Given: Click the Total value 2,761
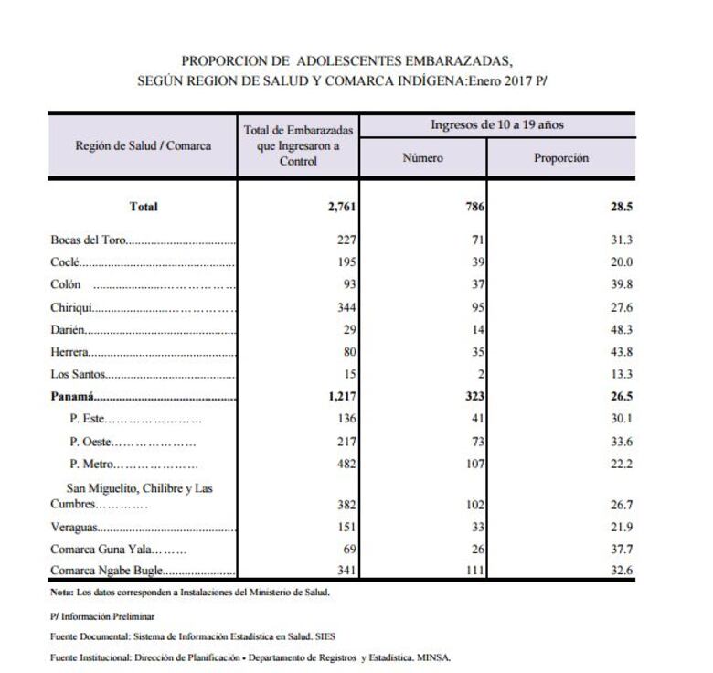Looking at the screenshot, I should pyautogui.click(x=339, y=207).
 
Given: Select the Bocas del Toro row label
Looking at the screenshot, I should pyautogui.click(x=89, y=240).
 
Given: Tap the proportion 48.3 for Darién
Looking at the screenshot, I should pyautogui.click(x=622, y=329).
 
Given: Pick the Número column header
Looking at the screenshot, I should pyautogui.click(x=422, y=158).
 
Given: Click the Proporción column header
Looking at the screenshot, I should pyautogui.click(x=561, y=158).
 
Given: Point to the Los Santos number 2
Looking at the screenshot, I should pyautogui.click(x=481, y=374).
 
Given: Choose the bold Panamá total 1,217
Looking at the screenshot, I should pyautogui.click(x=337, y=396).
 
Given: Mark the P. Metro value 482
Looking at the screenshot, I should pyautogui.click(x=345, y=464).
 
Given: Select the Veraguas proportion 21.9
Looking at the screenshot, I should pyautogui.click(x=622, y=527).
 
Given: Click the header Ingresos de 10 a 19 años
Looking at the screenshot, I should pyautogui.click(x=497, y=124).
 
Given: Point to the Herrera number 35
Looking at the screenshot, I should pyautogui.click(x=477, y=352).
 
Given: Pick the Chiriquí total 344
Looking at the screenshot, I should pyautogui.click(x=345, y=307).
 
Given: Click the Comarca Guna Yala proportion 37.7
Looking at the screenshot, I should pyautogui.click(x=622, y=549).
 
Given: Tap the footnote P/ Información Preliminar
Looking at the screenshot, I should pyautogui.click(x=102, y=616).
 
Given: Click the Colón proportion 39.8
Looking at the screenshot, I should pyautogui.click(x=622, y=284).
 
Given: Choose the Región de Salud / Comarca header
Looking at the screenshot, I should pyautogui.click(x=144, y=145).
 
